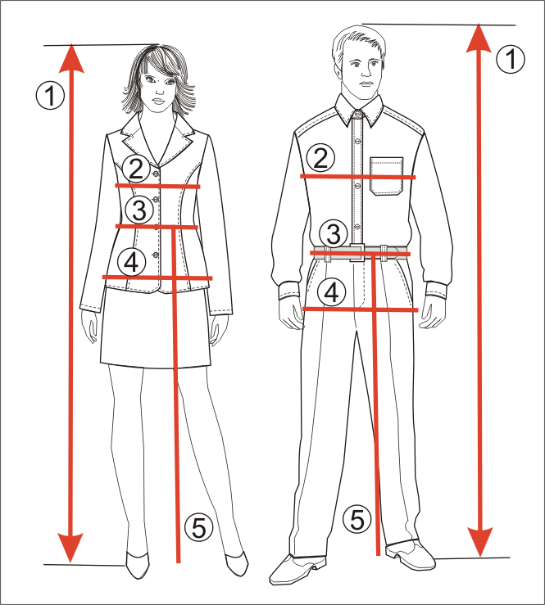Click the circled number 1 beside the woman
(50, 95)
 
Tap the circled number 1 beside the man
(511, 60)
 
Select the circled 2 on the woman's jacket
(136, 169)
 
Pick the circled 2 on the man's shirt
(320, 158)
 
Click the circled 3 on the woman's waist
(139, 210)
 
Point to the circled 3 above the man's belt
(334, 233)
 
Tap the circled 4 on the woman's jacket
(131, 262)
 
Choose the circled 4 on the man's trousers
(331, 292)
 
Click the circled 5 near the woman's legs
(198, 527)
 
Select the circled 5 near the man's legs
(357, 519)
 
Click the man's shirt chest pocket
(386, 176)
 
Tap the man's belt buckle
(357, 252)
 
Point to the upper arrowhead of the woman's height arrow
(71, 59)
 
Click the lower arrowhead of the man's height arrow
(479, 542)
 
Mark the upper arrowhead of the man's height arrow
(479, 38)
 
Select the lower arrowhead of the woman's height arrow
(70, 548)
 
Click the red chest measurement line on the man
(358, 177)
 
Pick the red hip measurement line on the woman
(157, 278)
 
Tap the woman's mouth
(158, 102)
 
